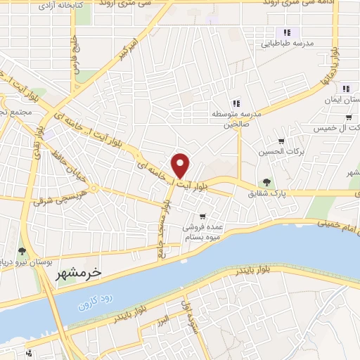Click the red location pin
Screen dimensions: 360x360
tap(181, 165)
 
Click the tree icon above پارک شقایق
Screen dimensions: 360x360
tap(266, 182)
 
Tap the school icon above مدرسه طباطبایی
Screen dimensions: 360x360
tap(286, 32)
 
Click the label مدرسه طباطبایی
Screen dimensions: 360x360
tap(287, 44)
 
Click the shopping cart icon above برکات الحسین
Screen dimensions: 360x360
tap(281, 141)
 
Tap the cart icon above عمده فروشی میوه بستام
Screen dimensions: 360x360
tap(202, 216)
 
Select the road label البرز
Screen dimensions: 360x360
tap(164, 321)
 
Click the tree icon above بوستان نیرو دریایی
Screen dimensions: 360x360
tap(22, 251)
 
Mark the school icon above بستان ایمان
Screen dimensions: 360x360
tap(347, 89)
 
